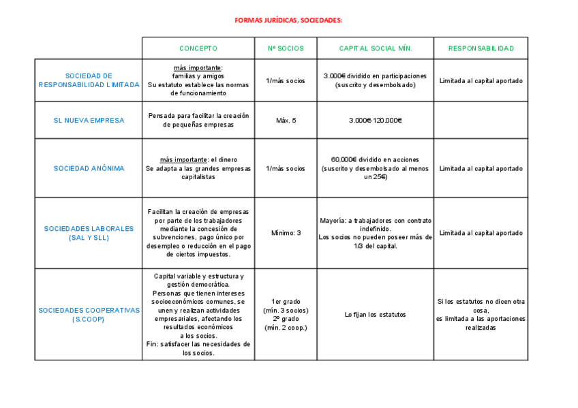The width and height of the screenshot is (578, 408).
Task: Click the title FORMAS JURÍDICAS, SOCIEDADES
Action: pos(288,20)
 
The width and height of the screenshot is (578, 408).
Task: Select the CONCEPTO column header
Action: pos(198,48)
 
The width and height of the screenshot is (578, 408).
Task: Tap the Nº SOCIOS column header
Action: pos(286,48)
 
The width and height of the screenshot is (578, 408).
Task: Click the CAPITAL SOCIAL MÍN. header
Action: pos(376,48)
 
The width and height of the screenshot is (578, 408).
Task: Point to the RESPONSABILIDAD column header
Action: pos(481,48)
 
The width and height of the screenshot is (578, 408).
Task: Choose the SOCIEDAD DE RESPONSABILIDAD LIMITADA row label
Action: pos(89,80)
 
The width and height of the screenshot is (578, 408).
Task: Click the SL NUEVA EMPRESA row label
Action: pos(89,121)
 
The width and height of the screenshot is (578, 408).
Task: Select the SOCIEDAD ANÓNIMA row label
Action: pos(89,168)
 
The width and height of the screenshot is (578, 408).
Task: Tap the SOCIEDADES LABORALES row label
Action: pos(89,233)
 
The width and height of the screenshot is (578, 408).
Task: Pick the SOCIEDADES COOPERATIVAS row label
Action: pos(89,314)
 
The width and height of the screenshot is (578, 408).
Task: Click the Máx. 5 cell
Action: pos(286,121)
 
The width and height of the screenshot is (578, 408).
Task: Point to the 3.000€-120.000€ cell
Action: pos(376,121)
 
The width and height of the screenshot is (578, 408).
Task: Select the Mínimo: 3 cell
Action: pos(286,233)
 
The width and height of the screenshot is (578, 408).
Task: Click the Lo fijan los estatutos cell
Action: pos(376,314)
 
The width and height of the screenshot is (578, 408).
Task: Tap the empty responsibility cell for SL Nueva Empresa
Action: pos(481,121)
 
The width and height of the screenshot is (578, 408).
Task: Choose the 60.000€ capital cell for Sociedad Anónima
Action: pos(376,168)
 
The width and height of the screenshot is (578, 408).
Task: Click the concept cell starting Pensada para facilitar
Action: pos(198,121)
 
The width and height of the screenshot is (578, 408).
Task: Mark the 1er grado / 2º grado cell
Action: pos(286,314)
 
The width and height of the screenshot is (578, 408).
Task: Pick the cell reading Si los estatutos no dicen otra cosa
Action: pos(481,314)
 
